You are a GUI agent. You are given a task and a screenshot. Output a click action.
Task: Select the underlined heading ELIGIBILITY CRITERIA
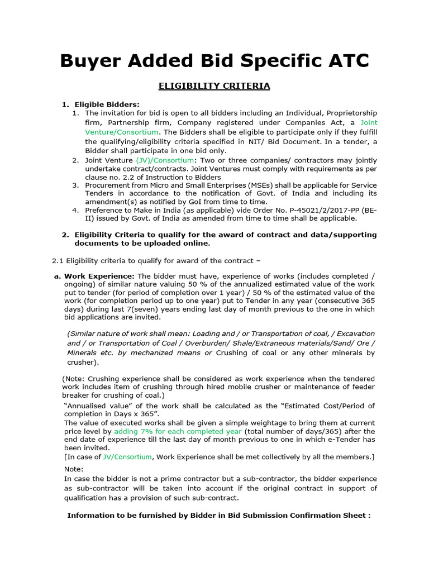pos(214,86)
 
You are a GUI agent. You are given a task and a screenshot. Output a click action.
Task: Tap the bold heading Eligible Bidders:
pos(107,104)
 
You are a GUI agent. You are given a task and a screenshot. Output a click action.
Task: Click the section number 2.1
pos(58,260)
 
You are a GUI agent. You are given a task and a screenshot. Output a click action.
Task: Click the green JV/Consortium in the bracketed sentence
pos(127,456)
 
